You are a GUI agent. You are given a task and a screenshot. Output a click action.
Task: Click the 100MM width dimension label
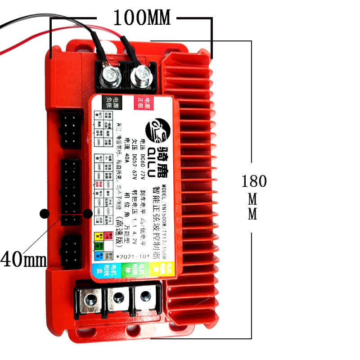[142, 18]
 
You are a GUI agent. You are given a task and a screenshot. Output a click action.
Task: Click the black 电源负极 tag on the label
[111, 103]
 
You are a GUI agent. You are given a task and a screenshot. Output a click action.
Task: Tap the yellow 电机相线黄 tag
[156, 270]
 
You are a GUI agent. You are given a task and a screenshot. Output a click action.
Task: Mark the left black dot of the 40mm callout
[44, 214]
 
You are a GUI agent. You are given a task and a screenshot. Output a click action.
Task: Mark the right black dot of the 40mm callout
[88, 214]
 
